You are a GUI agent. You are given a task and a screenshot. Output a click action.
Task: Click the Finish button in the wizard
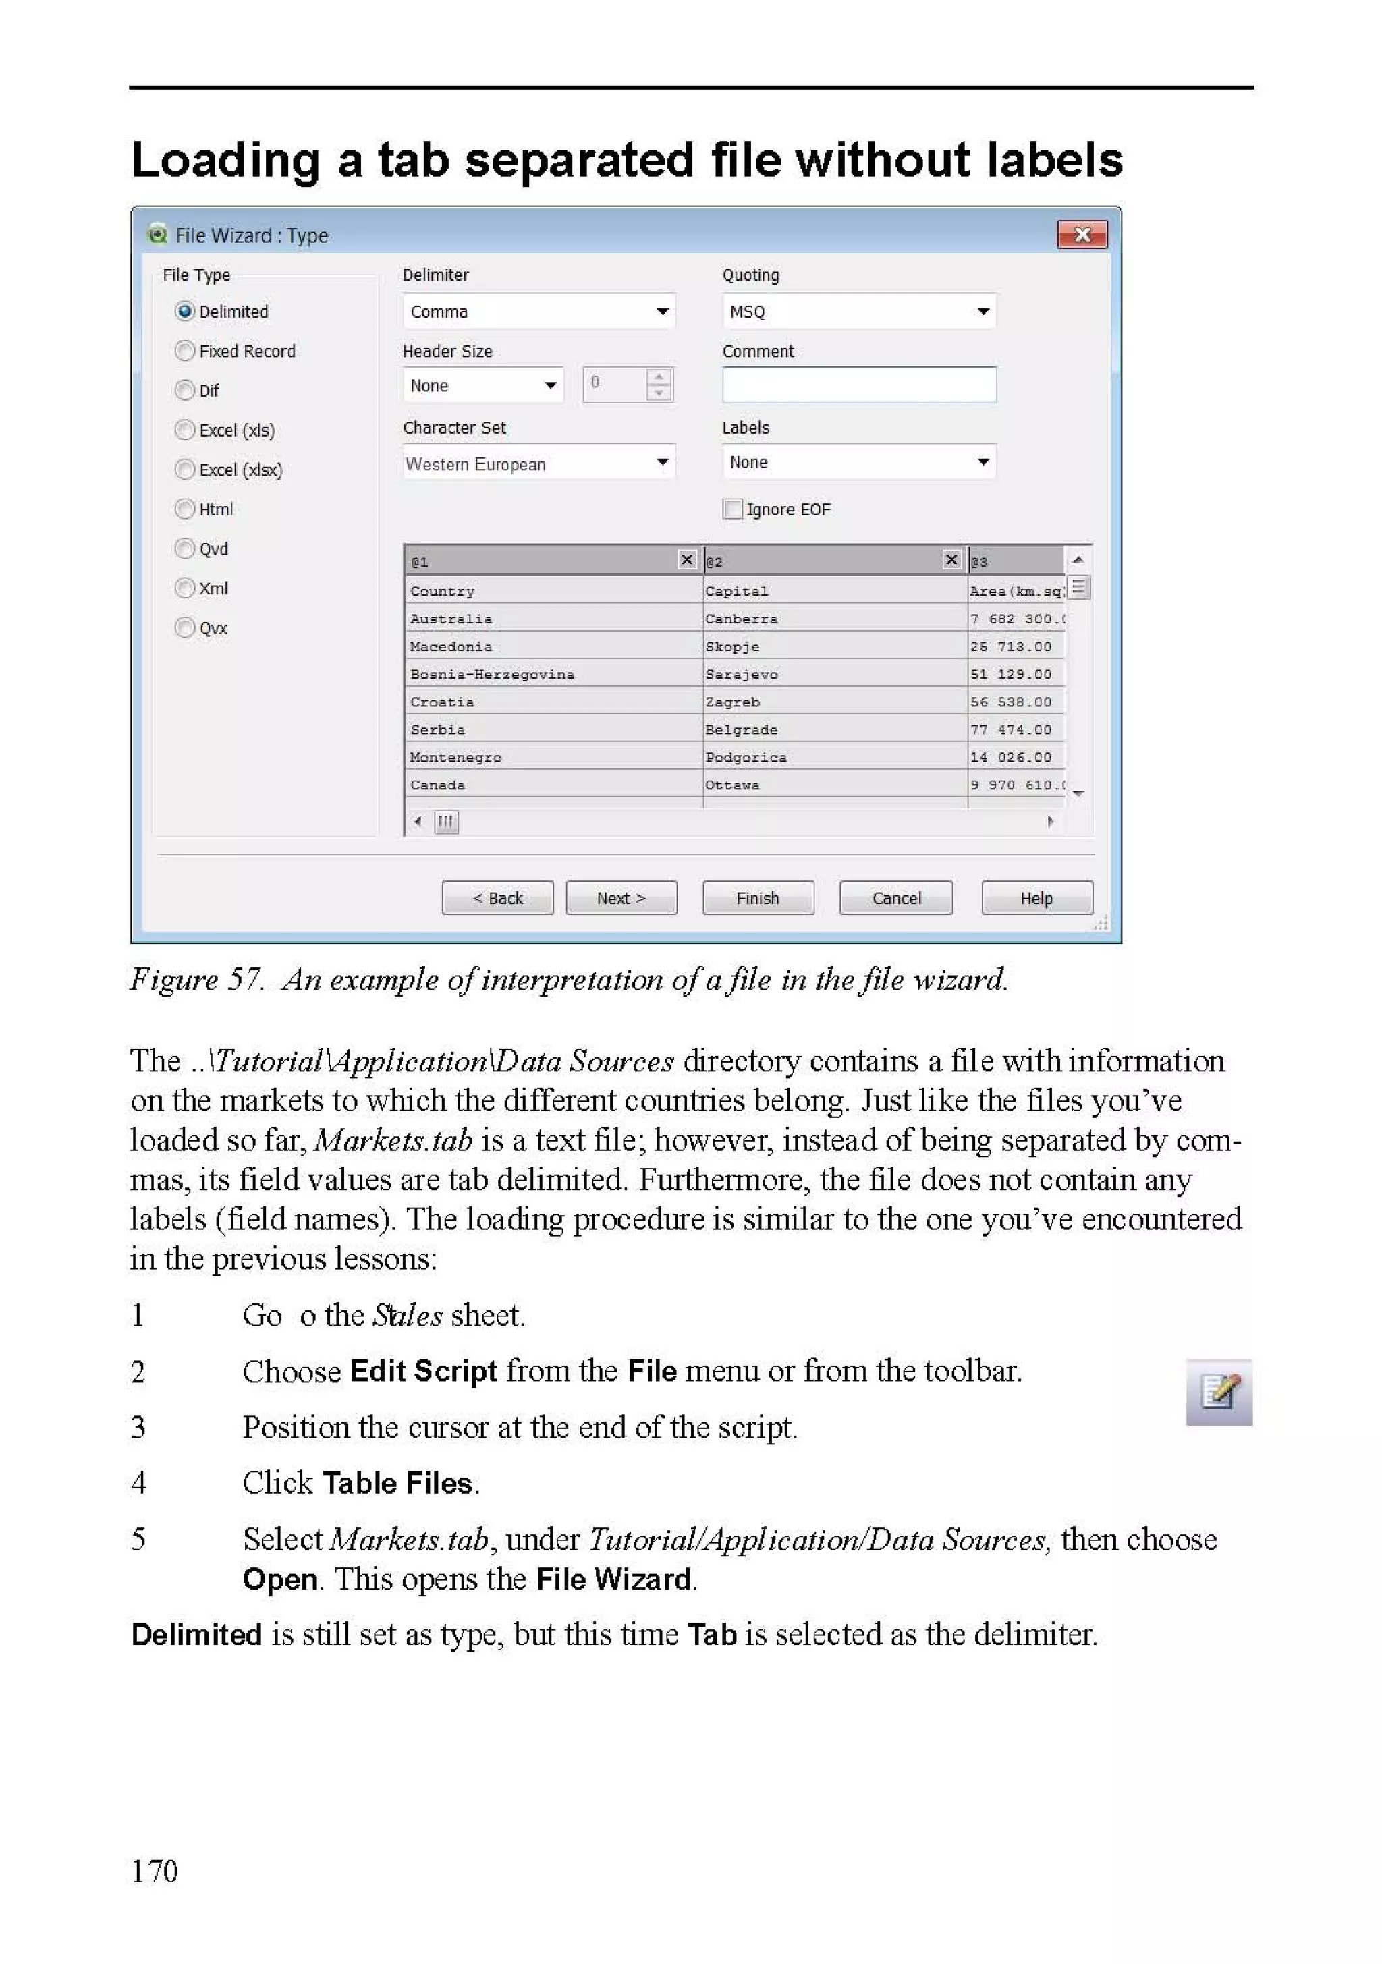pos(757,898)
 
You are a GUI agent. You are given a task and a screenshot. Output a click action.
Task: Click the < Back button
pos(497,898)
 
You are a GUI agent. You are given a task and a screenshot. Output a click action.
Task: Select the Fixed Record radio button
pos(185,351)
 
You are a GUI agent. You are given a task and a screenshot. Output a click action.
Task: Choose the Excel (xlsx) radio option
pos(185,470)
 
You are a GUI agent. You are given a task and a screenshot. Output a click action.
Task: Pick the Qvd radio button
pos(185,549)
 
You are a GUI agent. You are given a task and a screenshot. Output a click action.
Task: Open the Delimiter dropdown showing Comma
pos(538,312)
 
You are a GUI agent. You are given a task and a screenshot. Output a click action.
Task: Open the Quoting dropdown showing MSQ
pos(858,312)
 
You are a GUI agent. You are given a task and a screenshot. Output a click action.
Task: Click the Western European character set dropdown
pos(538,464)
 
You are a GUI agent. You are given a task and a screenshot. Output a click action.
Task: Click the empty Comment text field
pos(858,386)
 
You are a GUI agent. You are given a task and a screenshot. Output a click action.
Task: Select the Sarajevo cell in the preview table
pos(741,674)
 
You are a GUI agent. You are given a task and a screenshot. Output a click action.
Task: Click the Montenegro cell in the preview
pos(455,757)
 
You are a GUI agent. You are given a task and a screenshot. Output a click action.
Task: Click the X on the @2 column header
pos(951,559)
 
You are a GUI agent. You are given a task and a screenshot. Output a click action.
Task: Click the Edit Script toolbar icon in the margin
pos(1219,1392)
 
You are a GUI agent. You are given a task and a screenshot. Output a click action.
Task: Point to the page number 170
pos(154,1871)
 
